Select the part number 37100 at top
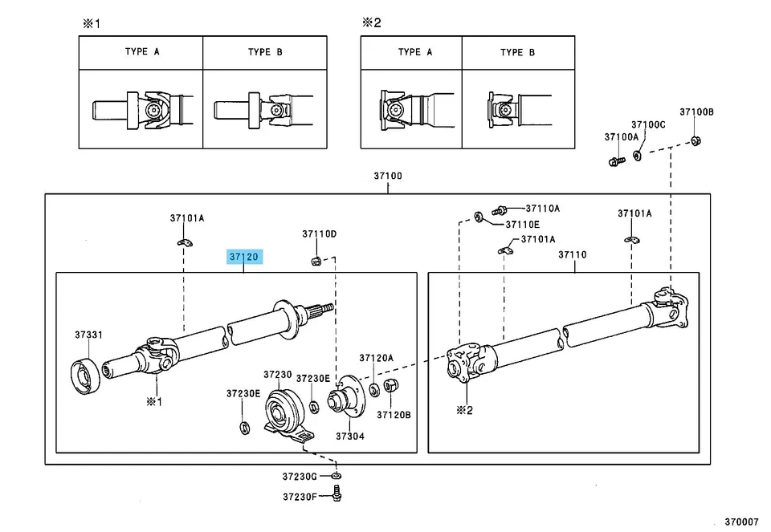387,176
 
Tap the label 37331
88,335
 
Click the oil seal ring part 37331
85,377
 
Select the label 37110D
319,234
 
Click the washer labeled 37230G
337,477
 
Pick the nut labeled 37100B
696,142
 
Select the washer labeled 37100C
637,154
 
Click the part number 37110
573,254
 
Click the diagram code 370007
740,520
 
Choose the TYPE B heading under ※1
265,52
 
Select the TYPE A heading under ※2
415,52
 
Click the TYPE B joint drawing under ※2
517,109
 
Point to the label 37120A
376,358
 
